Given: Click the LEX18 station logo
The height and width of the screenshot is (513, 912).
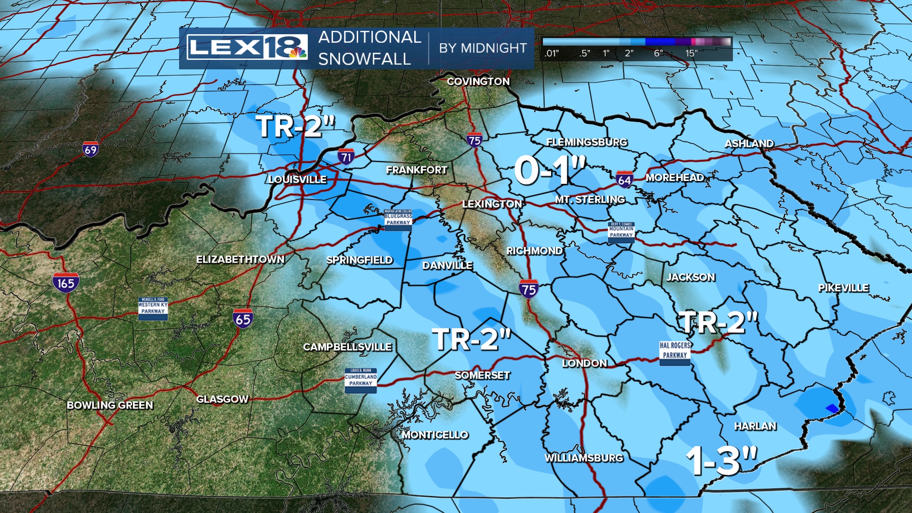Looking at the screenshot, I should point(247,47).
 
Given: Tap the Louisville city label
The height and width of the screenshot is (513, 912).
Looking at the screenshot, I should point(298,180).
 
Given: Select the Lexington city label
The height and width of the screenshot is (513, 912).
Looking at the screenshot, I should point(492,204).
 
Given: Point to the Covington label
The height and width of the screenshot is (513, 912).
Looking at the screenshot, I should point(478,82).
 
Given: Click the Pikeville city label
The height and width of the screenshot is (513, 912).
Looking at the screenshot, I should point(844,288).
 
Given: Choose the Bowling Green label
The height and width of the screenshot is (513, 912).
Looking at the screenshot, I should point(110,405).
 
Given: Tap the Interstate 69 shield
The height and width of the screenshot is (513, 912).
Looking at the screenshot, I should point(90,150).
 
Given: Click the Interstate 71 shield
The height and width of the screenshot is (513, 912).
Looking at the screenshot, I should point(346,157).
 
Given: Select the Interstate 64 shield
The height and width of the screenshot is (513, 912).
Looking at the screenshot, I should point(624,180).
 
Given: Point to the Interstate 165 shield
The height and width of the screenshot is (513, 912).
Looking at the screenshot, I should point(66,283).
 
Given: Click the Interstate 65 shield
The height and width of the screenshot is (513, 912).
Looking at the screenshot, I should point(243,318).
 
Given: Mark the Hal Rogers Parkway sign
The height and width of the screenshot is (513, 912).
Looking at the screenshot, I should point(675,353).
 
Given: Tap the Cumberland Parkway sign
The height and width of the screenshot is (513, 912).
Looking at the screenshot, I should point(361,380).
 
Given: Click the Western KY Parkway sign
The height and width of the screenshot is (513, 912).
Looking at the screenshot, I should point(153,308).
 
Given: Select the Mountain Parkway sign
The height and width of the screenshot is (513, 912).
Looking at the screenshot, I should point(621,232).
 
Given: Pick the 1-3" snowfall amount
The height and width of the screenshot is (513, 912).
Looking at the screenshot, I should point(722,460).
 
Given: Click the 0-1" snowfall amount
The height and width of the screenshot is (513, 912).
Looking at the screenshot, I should point(550,170).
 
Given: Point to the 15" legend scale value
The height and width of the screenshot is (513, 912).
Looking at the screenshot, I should point(692,53).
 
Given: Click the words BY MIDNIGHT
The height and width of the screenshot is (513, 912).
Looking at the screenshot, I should point(483,48).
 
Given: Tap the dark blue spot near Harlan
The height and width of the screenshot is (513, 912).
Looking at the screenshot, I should point(832,408).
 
